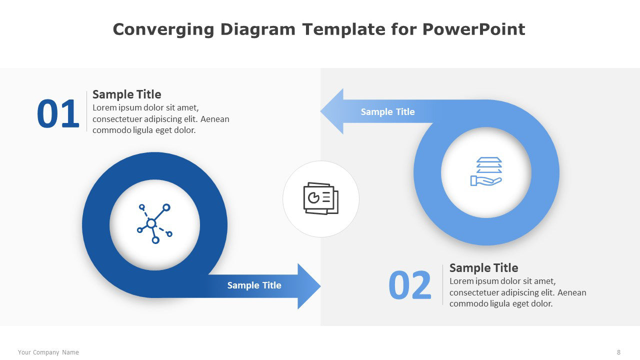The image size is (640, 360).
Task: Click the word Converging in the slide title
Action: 163,29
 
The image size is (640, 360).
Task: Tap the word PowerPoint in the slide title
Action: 473,29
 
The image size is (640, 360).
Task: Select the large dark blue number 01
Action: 58,113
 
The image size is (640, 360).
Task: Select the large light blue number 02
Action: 409,285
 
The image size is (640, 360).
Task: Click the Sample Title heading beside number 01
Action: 127,94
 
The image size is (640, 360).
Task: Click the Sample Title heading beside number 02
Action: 483,267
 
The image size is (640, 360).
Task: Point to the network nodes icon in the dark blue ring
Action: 154,223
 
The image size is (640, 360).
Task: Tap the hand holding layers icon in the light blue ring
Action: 486,171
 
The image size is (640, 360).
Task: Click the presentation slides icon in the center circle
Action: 321,198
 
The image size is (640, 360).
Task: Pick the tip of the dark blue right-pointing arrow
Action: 320,286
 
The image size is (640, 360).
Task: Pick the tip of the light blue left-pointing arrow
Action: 320,111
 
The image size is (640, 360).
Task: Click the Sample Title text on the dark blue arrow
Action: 254,285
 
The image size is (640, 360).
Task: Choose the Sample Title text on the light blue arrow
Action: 387,111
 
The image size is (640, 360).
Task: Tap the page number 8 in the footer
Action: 618,352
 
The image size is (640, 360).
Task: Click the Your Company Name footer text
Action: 48,352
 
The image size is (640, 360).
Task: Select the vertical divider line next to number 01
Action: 86,111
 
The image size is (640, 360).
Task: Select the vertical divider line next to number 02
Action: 443,284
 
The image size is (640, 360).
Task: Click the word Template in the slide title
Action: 343,29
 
